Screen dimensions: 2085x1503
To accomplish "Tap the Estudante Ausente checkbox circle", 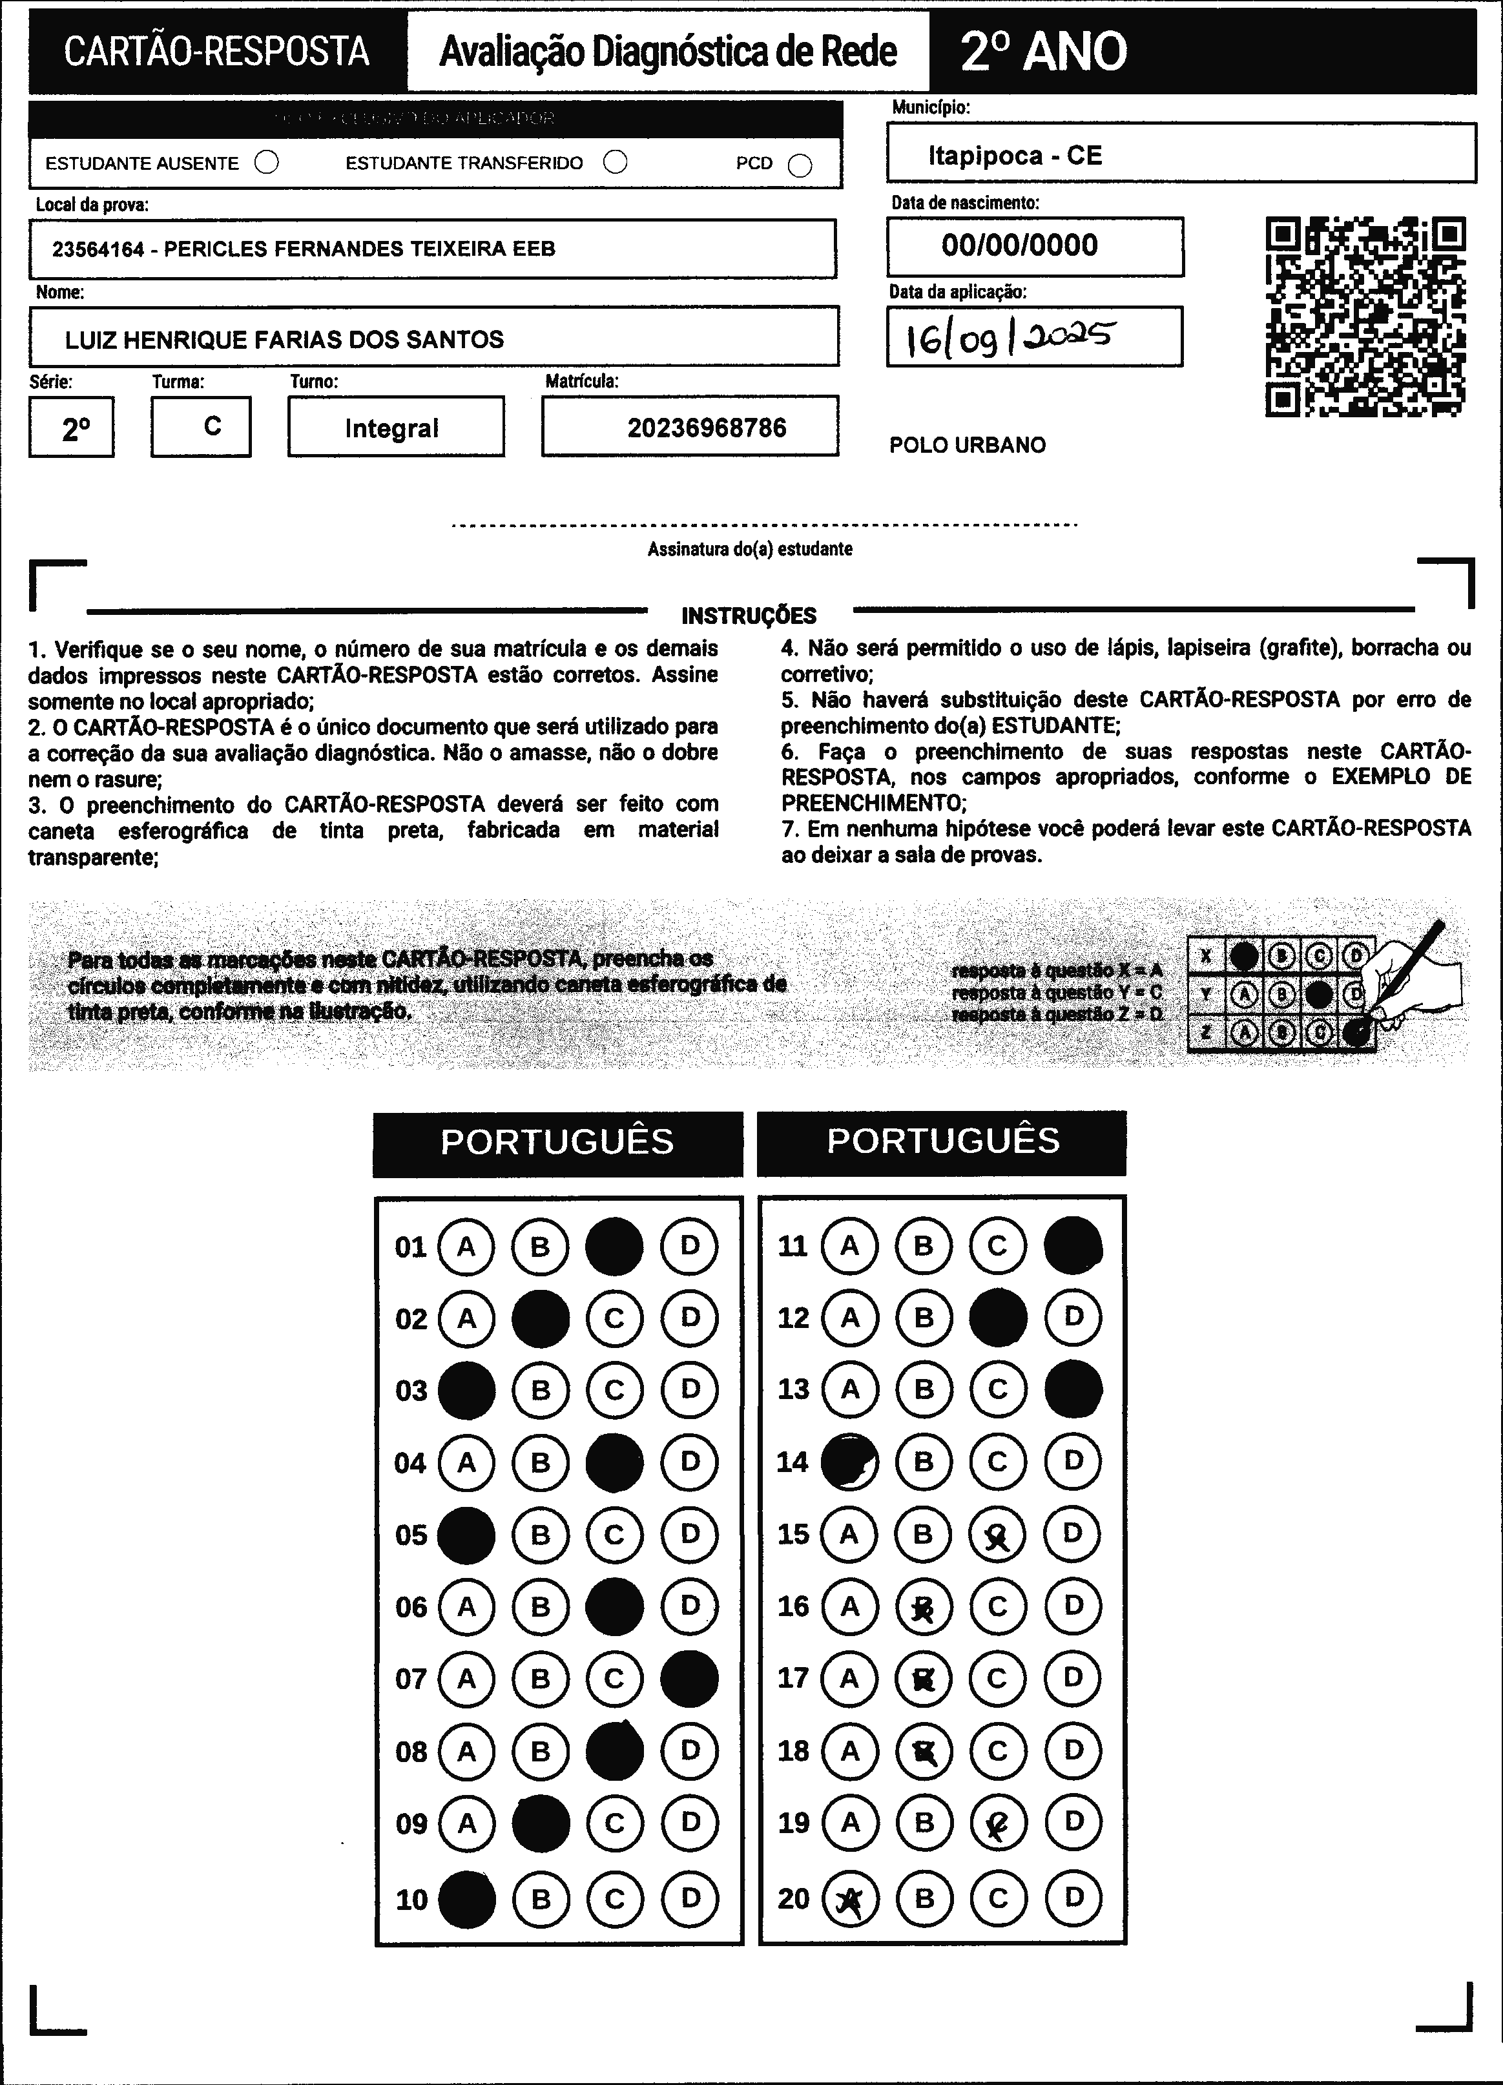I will (267, 163).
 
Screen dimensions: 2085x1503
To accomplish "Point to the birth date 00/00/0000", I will (1019, 245).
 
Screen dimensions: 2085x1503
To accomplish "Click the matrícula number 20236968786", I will (706, 428).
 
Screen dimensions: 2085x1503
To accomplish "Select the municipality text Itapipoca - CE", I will (1014, 156).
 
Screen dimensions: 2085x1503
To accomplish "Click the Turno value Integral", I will (391, 428).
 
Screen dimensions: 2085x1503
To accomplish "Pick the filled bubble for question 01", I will (614, 1247).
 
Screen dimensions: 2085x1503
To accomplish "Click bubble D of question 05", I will (689, 1534).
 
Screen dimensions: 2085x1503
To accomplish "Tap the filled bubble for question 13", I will (1073, 1389).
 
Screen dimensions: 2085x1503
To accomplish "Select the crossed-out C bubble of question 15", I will (997, 1534).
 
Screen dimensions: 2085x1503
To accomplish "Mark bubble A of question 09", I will (467, 1823).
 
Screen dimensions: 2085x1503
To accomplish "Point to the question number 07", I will (411, 1679).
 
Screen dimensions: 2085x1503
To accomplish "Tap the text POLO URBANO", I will (967, 445).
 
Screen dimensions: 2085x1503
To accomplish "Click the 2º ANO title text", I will (1043, 52).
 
